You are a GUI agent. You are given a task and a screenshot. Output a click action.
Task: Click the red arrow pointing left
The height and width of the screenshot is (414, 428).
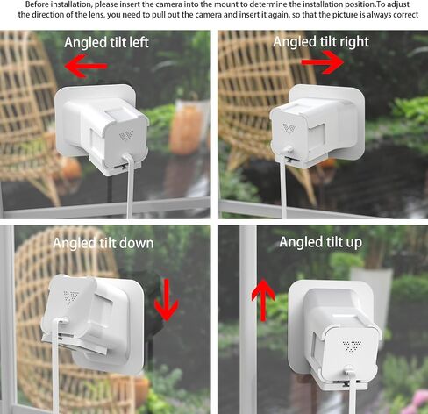tap(85, 66)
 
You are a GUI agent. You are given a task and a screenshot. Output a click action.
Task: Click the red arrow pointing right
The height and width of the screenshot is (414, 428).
tap(323, 62)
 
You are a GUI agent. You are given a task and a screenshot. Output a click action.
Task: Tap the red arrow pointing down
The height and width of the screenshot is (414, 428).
tap(167, 300)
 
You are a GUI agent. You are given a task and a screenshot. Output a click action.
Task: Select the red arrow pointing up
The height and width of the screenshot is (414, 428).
tap(263, 300)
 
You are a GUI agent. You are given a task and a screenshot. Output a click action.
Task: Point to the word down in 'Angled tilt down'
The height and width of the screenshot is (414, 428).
tap(137, 243)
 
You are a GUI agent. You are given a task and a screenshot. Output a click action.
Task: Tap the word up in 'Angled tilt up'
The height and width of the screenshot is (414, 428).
tap(353, 243)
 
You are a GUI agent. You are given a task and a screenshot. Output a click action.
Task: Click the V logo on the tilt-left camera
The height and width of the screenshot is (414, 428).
tap(126, 135)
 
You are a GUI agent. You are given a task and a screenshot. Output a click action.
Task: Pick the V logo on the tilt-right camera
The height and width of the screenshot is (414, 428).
tap(289, 128)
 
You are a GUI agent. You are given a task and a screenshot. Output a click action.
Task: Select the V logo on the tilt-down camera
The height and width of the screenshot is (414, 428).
tap(71, 296)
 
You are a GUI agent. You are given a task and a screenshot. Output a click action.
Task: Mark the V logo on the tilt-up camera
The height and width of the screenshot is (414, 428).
tap(352, 346)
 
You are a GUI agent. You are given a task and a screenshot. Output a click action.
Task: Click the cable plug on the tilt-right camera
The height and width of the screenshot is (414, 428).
tap(289, 150)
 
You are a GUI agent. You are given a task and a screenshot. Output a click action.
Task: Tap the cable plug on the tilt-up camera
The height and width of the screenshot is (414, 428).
tap(350, 373)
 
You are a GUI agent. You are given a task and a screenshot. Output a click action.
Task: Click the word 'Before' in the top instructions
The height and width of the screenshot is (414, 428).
tap(35, 4)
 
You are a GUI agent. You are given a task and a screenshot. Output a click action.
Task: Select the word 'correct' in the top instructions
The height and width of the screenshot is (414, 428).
tap(407, 15)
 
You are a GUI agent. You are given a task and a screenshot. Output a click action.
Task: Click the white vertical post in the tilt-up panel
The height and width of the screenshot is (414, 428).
tap(248, 318)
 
